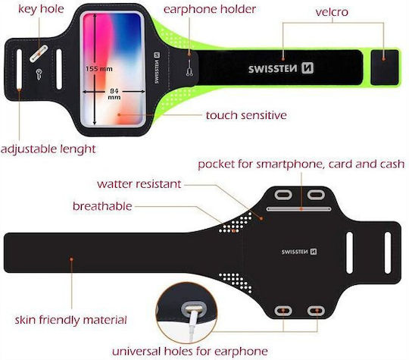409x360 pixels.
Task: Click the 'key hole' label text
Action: point(41,9)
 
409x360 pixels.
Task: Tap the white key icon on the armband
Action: point(39,74)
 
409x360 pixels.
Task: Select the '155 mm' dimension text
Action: point(99,69)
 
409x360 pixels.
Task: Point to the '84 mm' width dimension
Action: point(114,94)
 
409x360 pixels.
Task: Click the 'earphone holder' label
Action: point(210,9)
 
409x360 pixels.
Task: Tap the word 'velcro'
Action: point(332,12)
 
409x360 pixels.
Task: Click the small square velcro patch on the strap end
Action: point(385,67)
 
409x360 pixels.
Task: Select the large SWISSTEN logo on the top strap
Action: point(281,68)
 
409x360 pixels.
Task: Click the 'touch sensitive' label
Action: point(246,115)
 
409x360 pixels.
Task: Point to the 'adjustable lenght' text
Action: point(48,149)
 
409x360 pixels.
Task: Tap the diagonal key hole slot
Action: point(39,54)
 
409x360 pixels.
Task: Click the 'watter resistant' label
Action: point(139,184)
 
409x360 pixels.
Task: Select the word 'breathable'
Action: point(102,206)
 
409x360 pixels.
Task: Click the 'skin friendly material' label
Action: point(70,320)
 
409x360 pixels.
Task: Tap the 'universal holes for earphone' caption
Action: point(190,351)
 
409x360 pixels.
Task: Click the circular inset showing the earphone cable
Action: point(187,312)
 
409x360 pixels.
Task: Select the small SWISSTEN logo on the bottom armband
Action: point(299,252)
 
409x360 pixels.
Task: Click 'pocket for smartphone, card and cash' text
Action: point(301,164)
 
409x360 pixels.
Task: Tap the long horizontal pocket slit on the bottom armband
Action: point(299,209)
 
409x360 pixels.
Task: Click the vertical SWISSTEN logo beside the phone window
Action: point(157,68)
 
